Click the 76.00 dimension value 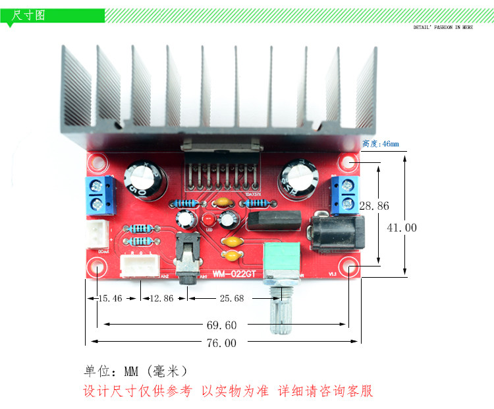tap(221, 342)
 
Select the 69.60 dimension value tap(221, 325)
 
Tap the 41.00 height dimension tap(401, 228)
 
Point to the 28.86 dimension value tap(373, 206)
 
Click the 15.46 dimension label tap(109, 298)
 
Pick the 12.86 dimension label tap(161, 298)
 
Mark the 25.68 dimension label tap(231, 298)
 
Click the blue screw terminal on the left tap(99, 195)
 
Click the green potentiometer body tap(284, 261)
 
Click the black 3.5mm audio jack tap(189, 259)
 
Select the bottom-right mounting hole tap(349, 268)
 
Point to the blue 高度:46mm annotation tap(381, 143)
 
